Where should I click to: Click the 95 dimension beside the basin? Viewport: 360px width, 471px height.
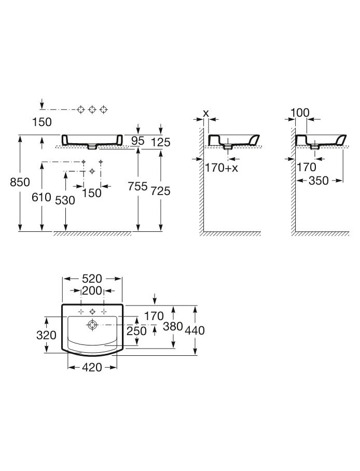[x=137, y=141]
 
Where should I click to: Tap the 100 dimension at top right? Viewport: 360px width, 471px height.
[x=300, y=112]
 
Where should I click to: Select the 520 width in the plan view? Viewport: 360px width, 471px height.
[x=92, y=279]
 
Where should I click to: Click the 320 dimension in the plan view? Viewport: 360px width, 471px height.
[x=46, y=335]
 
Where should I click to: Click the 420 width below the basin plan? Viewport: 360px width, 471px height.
[x=92, y=367]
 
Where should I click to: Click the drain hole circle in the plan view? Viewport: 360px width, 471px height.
[x=92, y=325]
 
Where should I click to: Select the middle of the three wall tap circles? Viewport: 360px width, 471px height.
[x=92, y=109]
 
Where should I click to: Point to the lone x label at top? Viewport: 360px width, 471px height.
[x=206, y=113]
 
